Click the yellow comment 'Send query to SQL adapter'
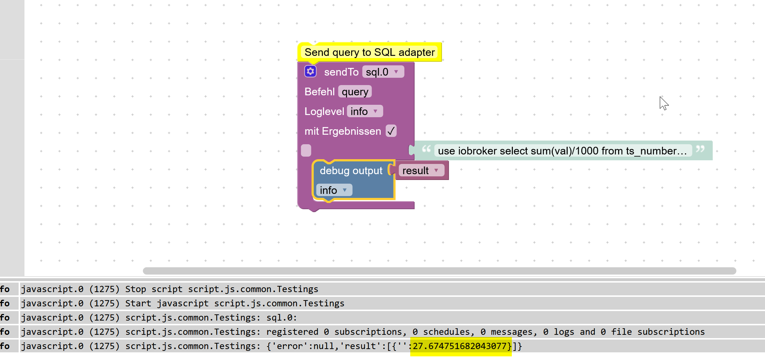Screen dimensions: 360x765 tap(369, 52)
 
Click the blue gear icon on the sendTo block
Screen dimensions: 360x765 tap(311, 72)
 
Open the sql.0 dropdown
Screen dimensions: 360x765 tap(383, 72)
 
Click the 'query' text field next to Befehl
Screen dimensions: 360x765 tap(355, 92)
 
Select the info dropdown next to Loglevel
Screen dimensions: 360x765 tap(365, 111)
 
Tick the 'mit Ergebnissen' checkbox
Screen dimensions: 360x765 tap(391, 131)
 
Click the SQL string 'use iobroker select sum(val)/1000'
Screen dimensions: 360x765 tap(562, 151)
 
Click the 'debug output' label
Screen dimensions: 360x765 tap(351, 171)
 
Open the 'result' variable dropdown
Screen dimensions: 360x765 tap(421, 171)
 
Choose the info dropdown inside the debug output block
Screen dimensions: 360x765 tap(334, 190)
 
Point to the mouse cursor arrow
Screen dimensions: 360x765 tap(663, 103)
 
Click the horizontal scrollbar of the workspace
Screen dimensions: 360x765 tap(438, 271)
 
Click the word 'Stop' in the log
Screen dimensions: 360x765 tap(136, 289)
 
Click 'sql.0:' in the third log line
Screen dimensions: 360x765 tap(281, 318)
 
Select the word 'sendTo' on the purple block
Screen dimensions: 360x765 tap(341, 72)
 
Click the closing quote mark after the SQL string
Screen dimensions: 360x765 tap(700, 149)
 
